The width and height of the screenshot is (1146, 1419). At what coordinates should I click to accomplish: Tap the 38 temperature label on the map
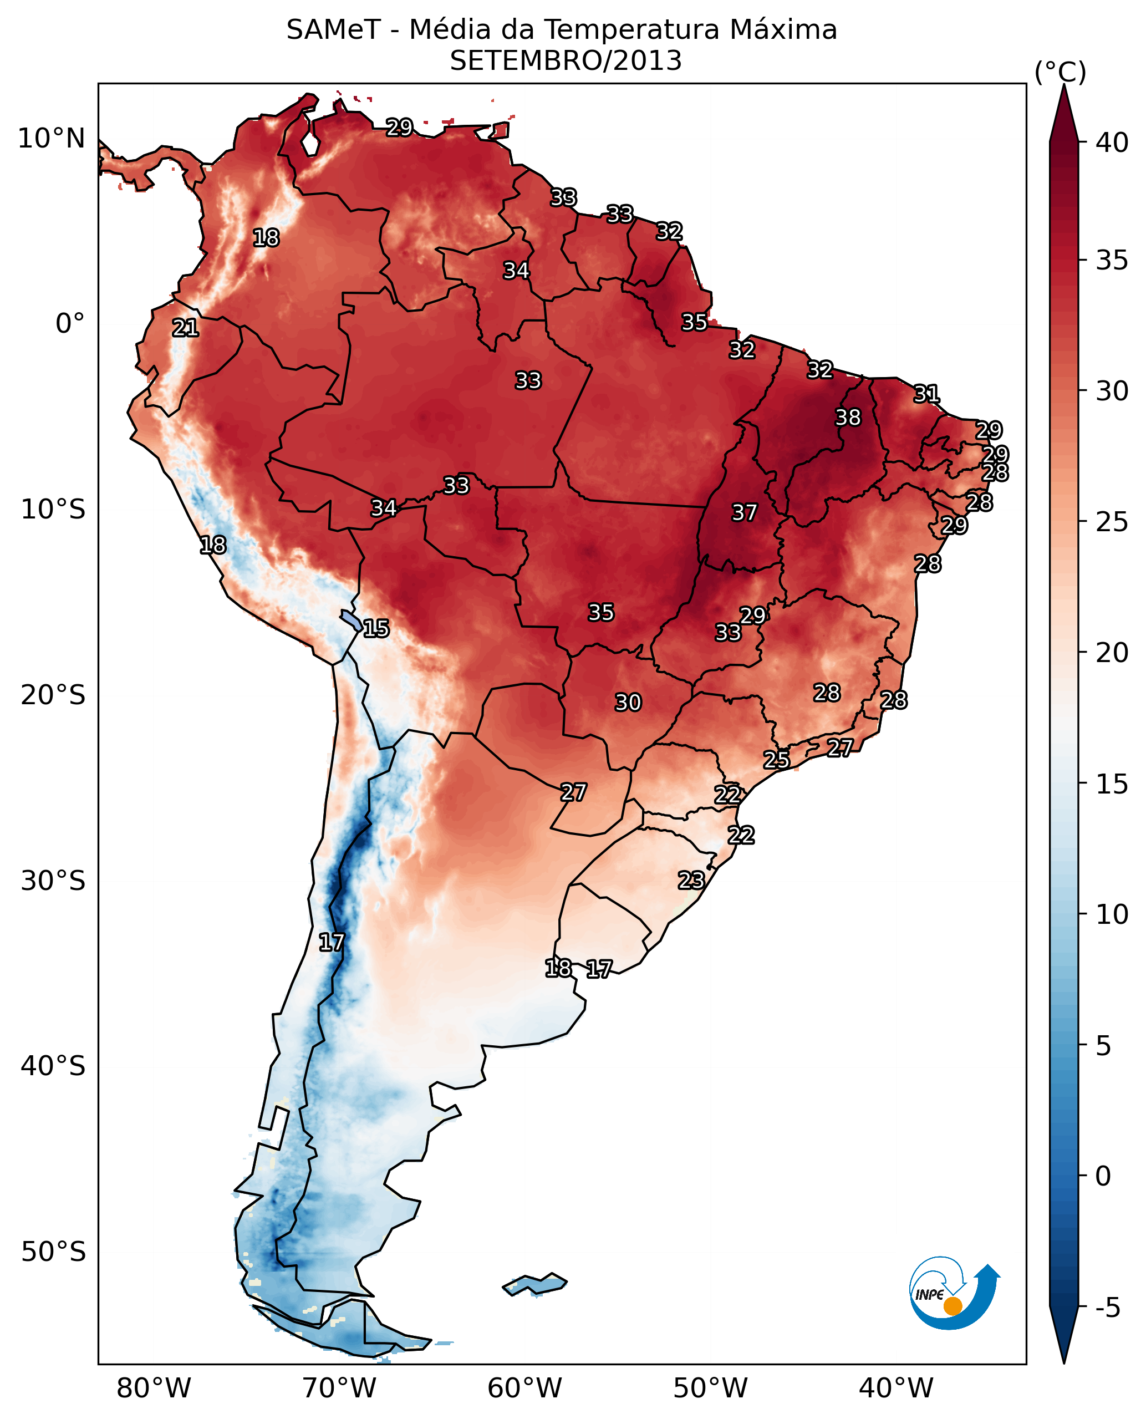pyautogui.click(x=848, y=418)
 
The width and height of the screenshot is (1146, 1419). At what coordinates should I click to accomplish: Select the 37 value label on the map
pyautogui.click(x=744, y=512)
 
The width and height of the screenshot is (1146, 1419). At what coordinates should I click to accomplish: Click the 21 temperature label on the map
pyautogui.click(x=186, y=328)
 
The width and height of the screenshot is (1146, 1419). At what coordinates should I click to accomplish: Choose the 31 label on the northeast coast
pyautogui.click(x=926, y=394)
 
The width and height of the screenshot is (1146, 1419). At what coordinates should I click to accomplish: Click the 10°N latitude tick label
pyautogui.click(x=52, y=139)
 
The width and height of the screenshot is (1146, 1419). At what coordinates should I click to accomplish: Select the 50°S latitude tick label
pyautogui.click(x=53, y=1252)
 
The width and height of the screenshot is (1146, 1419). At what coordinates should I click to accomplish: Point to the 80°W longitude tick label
pyautogui.click(x=153, y=1389)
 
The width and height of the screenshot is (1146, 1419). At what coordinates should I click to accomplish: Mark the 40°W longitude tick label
pyautogui.click(x=896, y=1389)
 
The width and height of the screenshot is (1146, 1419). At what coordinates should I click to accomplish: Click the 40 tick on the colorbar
pyautogui.click(x=1112, y=143)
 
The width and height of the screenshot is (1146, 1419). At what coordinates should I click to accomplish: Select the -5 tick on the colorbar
pyautogui.click(x=1107, y=1307)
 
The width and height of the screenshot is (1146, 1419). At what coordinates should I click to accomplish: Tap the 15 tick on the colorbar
pyautogui.click(x=1112, y=784)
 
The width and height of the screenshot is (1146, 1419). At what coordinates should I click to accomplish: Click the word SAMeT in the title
pyautogui.click(x=333, y=30)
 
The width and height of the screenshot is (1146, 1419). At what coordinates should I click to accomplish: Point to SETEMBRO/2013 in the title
pyautogui.click(x=566, y=62)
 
